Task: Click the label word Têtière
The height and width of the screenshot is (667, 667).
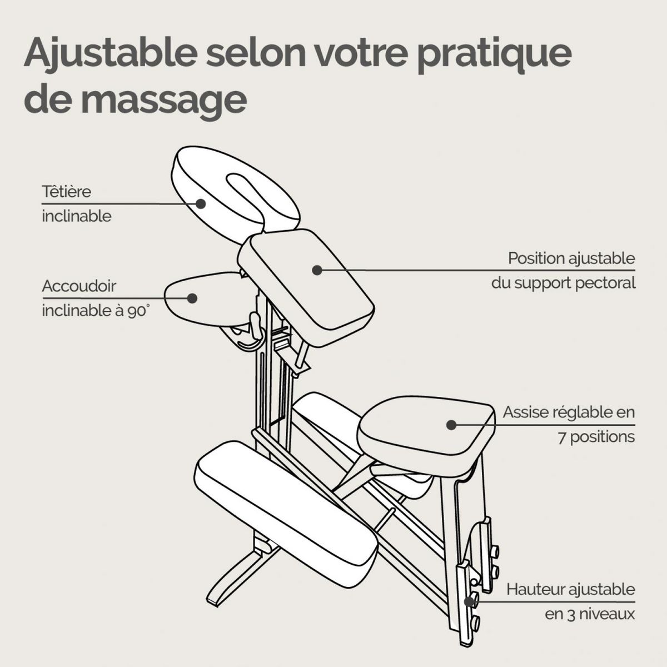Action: coord(66,191)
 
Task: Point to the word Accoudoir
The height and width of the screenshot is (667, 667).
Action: coord(79,286)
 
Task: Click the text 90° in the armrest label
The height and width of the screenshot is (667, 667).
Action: coord(138,311)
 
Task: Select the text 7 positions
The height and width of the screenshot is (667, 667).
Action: coord(596,436)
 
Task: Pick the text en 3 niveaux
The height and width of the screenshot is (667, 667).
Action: coord(590,614)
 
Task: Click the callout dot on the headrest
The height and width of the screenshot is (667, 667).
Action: coord(201,203)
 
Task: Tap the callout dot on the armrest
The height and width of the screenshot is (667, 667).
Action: coord(192,297)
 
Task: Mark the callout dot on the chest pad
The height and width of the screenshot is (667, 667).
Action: coord(317,270)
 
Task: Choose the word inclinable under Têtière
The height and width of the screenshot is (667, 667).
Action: coord(76,216)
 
